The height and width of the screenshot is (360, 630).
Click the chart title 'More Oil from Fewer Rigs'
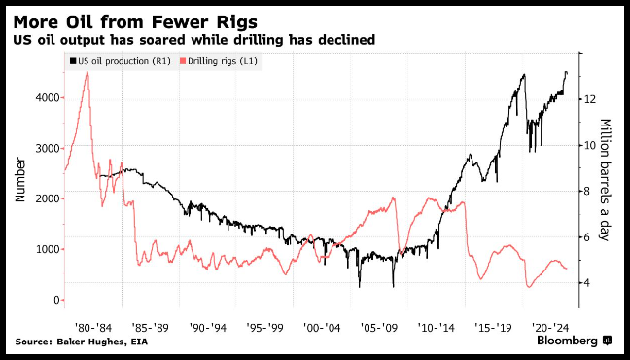pyautogui.click(x=135, y=22)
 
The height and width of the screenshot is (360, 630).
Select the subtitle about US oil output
pyautogui.click(x=194, y=40)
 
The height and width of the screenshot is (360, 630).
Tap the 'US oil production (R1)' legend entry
pyautogui.click(x=121, y=61)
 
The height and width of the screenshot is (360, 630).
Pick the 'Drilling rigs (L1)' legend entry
pyautogui.click(x=220, y=61)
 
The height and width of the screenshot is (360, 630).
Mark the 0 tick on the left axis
pyautogui.click(x=55, y=300)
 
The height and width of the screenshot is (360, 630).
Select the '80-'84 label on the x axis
pyautogui.click(x=93, y=327)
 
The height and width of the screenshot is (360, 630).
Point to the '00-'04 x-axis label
pyautogui.click(x=322, y=327)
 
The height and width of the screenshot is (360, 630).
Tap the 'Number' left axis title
pyautogui.click(x=20, y=180)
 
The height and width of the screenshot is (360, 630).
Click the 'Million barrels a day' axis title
pyautogui.click(x=605, y=180)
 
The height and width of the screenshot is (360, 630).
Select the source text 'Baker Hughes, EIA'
pyautogui.click(x=103, y=342)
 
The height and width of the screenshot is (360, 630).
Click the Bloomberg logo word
pyautogui.click(x=568, y=341)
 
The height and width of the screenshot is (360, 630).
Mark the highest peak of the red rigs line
pyautogui.click(x=87, y=72)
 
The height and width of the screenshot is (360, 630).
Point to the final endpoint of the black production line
pyautogui.click(x=567, y=73)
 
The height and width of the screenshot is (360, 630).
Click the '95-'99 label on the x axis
pyautogui.click(x=264, y=327)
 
